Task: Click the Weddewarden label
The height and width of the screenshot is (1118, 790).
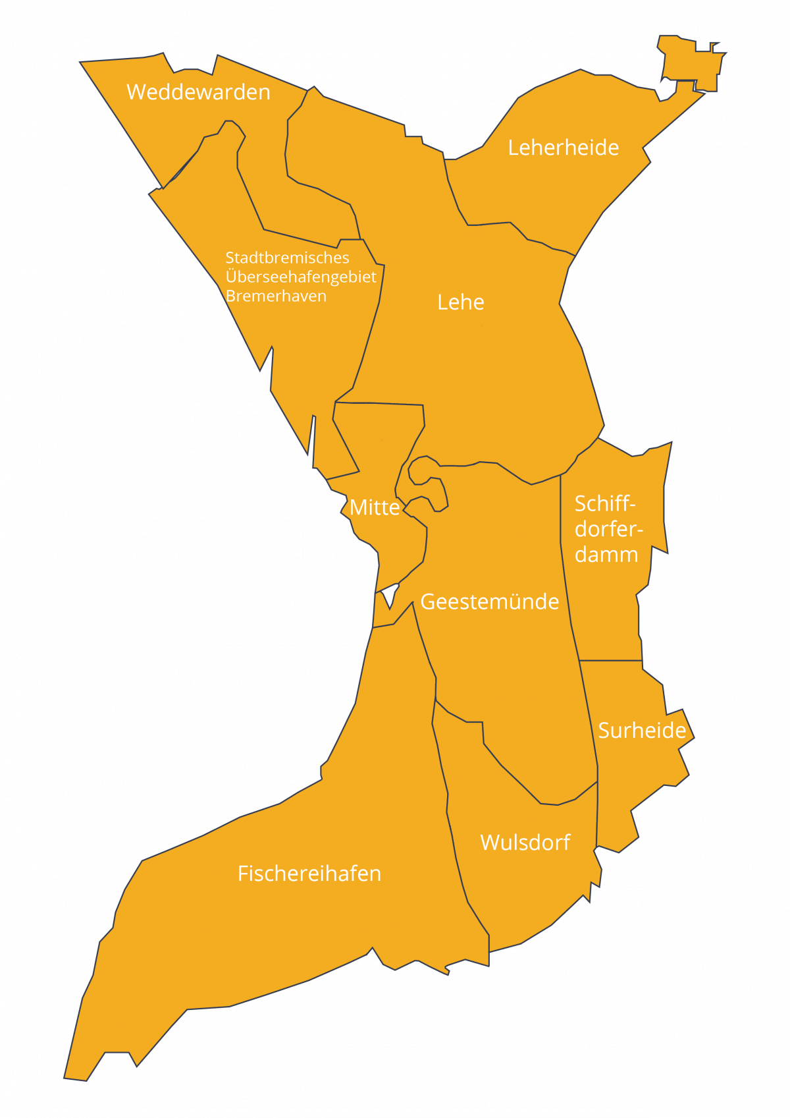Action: [x=198, y=92]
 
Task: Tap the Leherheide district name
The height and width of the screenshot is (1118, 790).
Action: [x=563, y=148]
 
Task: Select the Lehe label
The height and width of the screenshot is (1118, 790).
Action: [x=461, y=302]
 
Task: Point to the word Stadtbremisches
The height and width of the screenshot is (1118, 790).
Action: [x=287, y=258]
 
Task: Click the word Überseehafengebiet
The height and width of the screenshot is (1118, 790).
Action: [x=301, y=277]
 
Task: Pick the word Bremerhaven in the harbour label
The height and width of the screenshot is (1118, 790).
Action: [x=276, y=296]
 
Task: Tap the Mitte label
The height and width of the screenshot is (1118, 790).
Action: [x=375, y=507]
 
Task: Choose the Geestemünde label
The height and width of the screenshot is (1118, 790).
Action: [x=490, y=601]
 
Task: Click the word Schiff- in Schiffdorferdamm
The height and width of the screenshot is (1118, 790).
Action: [x=605, y=504]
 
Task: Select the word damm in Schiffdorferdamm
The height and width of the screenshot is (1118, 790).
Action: [x=606, y=555]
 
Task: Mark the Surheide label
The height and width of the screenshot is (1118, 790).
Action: [x=642, y=730]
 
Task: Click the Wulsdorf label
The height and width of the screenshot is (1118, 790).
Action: [x=525, y=843]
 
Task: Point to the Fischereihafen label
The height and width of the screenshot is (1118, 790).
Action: [x=309, y=874]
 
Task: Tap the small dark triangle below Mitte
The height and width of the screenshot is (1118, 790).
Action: [x=390, y=595]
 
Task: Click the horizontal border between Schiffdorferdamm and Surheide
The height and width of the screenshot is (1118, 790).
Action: [x=611, y=660]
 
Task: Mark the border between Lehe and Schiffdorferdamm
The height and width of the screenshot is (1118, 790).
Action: [x=583, y=451]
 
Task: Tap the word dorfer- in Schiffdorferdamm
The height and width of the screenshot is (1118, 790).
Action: [x=608, y=529]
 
